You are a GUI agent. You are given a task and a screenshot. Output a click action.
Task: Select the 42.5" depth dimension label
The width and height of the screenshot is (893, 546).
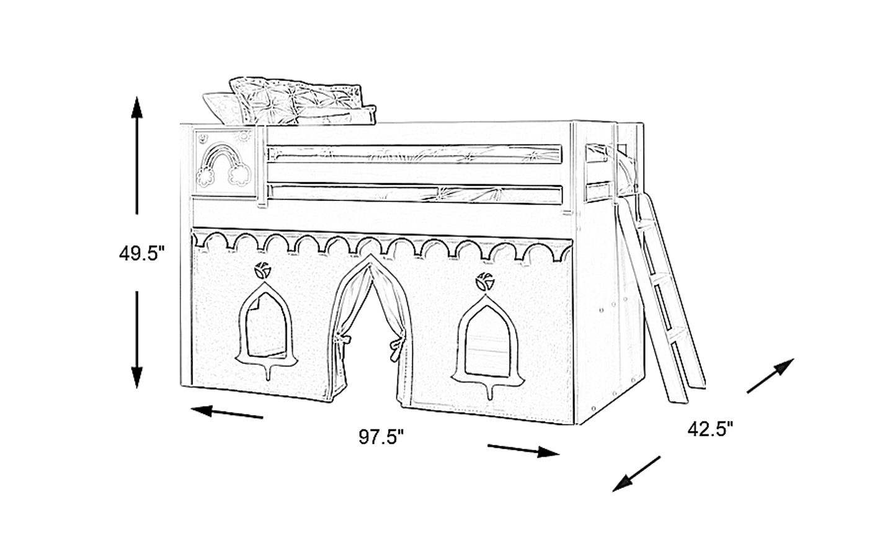(710, 429)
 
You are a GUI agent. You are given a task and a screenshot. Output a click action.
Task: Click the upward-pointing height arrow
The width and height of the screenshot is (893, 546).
(137, 155)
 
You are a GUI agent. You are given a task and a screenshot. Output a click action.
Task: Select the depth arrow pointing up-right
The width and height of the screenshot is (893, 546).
(771, 376)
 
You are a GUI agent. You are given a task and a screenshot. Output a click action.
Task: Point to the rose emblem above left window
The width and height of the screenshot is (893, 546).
(260, 271)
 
